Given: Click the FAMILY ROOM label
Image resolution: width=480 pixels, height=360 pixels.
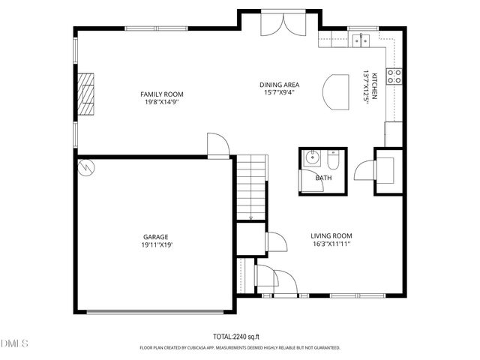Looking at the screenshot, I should point(162,94).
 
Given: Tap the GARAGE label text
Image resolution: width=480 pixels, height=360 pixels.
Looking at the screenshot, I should point(156,236).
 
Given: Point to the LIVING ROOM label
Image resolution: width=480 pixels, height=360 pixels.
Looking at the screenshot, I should point(331,235).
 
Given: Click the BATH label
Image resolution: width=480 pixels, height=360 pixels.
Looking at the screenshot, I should point(323,178).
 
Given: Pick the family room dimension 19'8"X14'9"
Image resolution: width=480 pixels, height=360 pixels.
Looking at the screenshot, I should point(162,102).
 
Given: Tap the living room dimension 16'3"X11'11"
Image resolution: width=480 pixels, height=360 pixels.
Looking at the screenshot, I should point(331,244).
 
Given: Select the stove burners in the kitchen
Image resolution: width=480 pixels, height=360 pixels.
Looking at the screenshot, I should point(394,75).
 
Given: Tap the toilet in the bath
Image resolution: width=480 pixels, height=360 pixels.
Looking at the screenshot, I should point(334,160).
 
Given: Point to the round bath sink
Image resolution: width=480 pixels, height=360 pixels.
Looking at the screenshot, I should point(312,159).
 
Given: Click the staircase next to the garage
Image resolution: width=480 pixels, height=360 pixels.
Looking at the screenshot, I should point(252,187).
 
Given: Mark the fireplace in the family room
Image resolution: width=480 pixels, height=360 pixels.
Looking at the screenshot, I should point(88,94).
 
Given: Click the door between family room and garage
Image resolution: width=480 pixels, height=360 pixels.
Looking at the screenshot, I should point(217,145).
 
